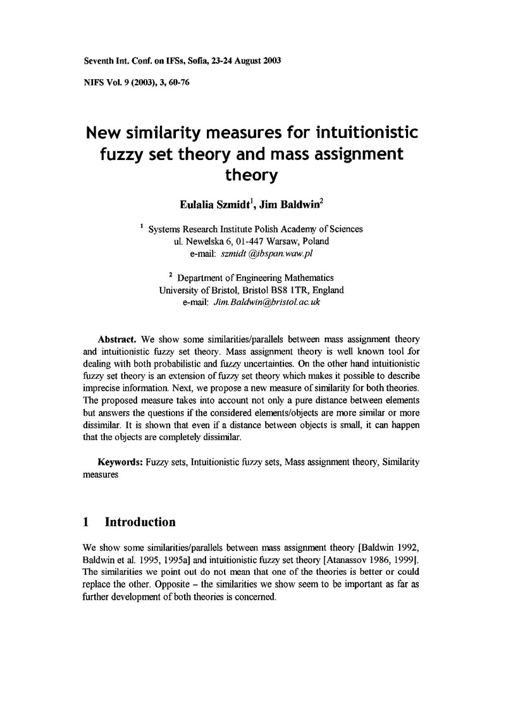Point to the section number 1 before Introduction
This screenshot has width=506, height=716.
point(87,522)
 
